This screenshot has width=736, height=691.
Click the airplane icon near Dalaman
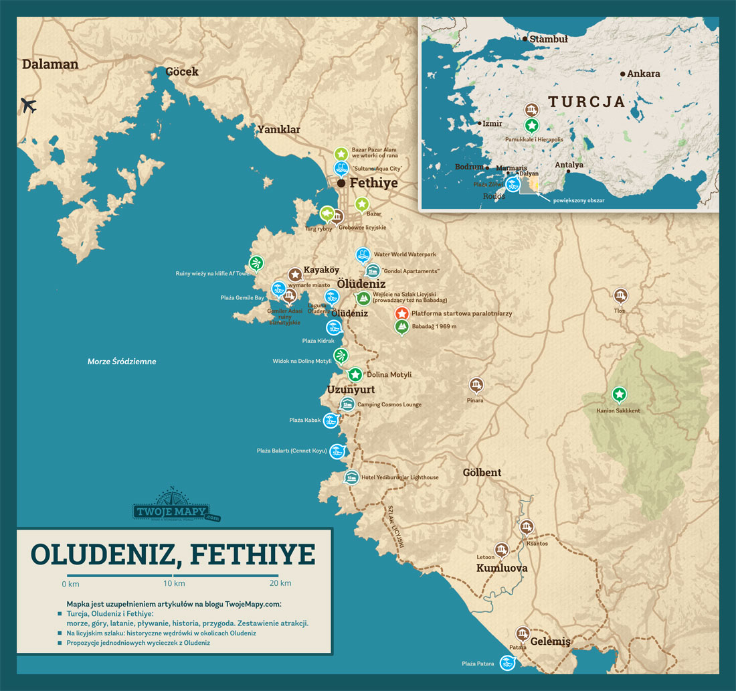coord(28,106)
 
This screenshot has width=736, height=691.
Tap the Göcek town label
coord(182,71)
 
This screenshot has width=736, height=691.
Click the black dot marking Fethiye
coord(341,183)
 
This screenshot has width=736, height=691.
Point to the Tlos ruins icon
coord(620,295)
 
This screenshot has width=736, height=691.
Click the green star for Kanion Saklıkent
coord(620,394)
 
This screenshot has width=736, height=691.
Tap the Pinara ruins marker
coord(476,384)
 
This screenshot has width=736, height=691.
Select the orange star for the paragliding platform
coord(401,313)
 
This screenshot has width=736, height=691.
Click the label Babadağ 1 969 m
coord(434,326)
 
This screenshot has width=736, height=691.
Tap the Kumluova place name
coord(502,568)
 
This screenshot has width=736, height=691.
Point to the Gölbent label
coord(482,472)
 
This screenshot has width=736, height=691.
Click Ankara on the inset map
coord(644,74)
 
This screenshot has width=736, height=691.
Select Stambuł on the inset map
coord(548,39)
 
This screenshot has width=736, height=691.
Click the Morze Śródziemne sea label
coord(122,362)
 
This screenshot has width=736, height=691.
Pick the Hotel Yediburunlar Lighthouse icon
coord(351,477)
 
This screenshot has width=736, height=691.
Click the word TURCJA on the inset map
coord(586,102)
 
